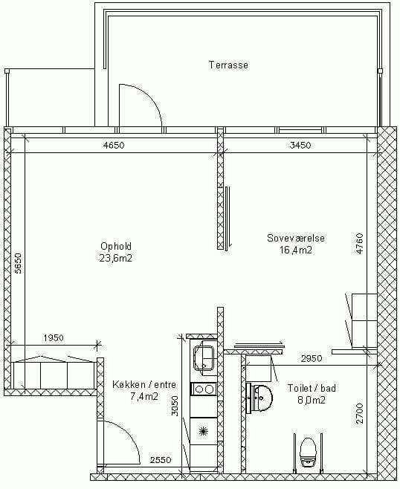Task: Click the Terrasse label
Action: [x=228, y=65]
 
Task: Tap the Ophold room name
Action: [x=116, y=247]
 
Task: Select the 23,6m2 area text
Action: [x=116, y=258]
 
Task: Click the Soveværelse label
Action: [x=296, y=238]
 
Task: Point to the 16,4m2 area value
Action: [x=296, y=250]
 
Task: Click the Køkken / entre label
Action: [x=144, y=384]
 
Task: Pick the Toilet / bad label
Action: [x=312, y=388]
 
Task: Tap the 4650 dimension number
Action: [x=114, y=146]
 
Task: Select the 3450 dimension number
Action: [x=300, y=146]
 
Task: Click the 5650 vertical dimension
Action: [x=18, y=263]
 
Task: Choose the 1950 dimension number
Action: [x=54, y=337]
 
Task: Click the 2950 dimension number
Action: [x=312, y=359]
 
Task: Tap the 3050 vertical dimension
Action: [x=175, y=406]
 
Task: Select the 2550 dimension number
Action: [x=161, y=460]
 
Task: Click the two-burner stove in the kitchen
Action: [x=204, y=389]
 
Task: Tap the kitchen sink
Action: [x=204, y=357]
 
